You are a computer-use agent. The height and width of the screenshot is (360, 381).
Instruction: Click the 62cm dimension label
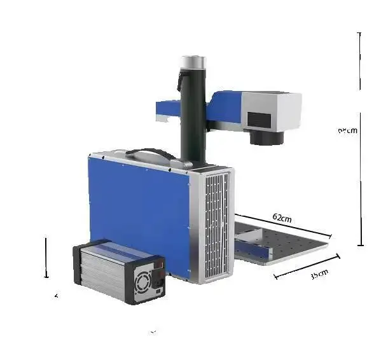tap(282, 218)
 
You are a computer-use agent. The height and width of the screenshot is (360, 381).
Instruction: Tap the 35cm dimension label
tap(319, 274)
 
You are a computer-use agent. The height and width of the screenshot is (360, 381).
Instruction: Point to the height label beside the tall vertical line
tap(347, 130)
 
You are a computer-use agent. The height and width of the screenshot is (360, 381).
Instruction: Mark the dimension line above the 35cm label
tap(307, 267)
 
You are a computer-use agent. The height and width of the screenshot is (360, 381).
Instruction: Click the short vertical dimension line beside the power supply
tap(46, 258)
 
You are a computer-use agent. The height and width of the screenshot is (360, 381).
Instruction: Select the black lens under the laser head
tap(265, 135)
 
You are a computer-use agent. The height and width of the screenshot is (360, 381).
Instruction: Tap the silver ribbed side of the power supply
tap(102, 270)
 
